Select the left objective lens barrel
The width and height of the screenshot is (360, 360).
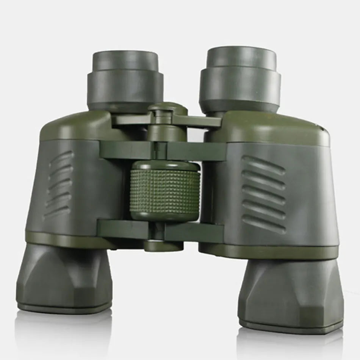click(x=64, y=279)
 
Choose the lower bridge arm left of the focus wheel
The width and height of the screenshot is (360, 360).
click(x=121, y=229)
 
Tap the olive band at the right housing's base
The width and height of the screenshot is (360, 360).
click(x=269, y=252)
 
